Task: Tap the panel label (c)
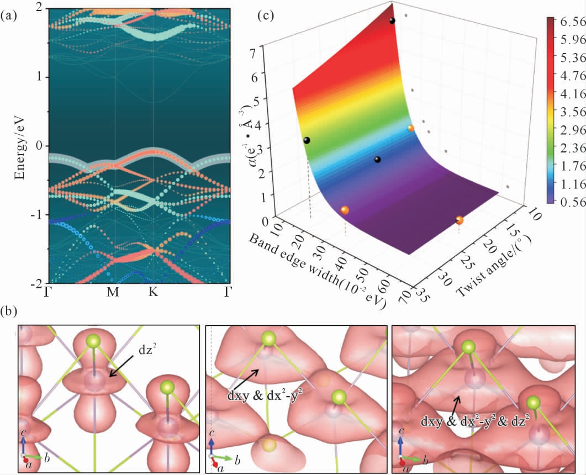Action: point(267,16)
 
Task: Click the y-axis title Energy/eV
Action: point(20,146)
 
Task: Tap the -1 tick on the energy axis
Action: point(39,214)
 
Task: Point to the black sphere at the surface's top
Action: point(392,21)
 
